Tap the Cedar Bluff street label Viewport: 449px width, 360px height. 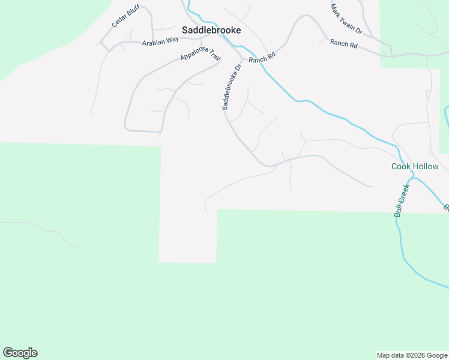(x=125, y=17)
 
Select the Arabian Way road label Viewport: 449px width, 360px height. (x=160, y=41)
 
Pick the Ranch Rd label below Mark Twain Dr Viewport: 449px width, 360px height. (x=343, y=44)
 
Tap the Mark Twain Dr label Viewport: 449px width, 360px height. (x=346, y=19)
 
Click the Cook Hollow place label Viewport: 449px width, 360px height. (x=415, y=166)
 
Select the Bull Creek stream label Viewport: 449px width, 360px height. (x=402, y=200)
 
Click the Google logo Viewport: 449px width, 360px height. (x=20, y=353)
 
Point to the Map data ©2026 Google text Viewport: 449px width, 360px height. (x=411, y=355)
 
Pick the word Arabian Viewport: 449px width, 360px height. (x=154, y=41)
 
